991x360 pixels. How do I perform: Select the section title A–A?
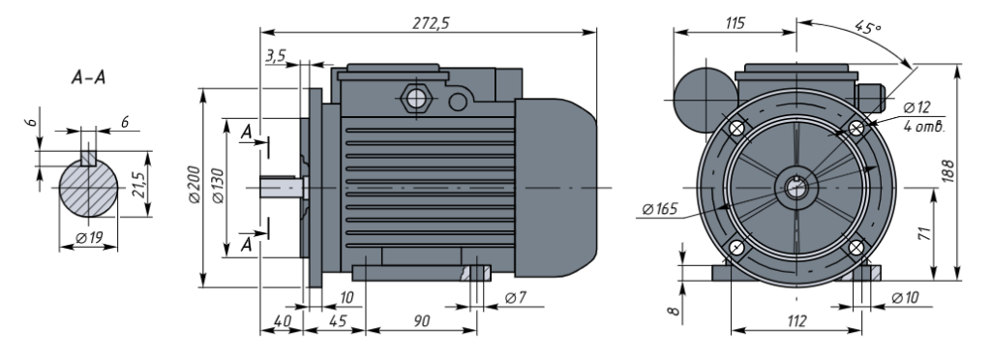(88, 77)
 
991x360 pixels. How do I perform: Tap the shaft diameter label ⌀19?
(89, 238)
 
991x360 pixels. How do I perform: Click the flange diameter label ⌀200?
(194, 185)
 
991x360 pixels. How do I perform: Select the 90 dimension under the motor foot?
(422, 321)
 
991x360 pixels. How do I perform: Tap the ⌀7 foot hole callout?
(516, 297)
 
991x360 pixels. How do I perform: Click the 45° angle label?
(867, 26)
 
